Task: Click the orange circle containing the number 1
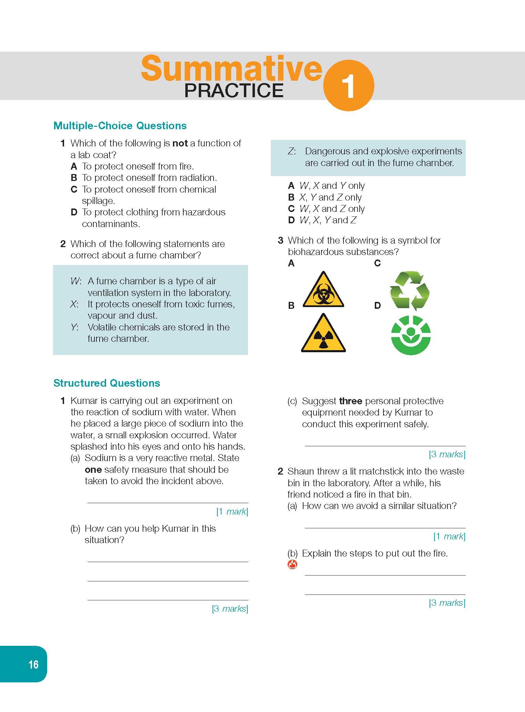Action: click(348, 85)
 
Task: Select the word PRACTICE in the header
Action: click(234, 91)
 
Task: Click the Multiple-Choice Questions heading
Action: click(120, 125)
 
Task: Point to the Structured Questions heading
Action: click(107, 383)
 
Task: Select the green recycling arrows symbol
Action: click(410, 291)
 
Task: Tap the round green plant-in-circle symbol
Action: click(411, 335)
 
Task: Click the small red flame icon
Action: click(292, 564)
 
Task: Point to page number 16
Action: click(33, 664)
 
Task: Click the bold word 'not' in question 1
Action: click(180, 143)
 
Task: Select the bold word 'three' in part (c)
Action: click(350, 401)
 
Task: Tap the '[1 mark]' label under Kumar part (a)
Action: click(232, 511)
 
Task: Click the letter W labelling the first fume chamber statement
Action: click(75, 281)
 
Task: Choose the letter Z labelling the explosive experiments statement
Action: click(291, 151)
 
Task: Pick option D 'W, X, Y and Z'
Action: click(327, 220)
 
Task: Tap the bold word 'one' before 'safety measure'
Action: click(93, 470)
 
